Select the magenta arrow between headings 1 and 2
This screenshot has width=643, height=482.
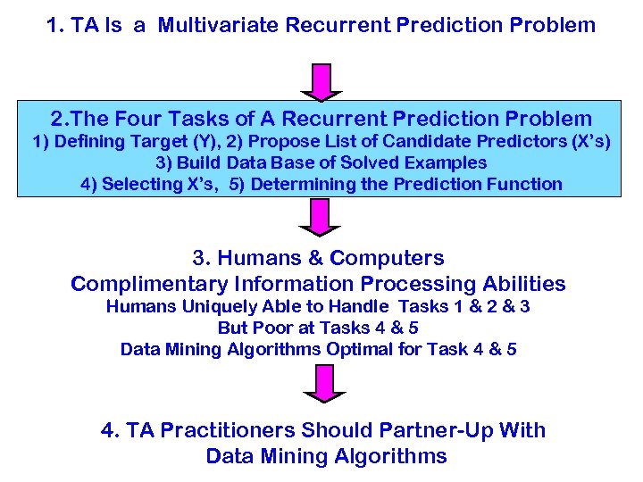(321, 81)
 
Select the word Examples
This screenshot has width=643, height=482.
(445, 162)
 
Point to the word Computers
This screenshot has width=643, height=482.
(387, 259)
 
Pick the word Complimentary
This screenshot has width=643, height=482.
(149, 285)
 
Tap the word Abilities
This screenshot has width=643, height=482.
(523, 285)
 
